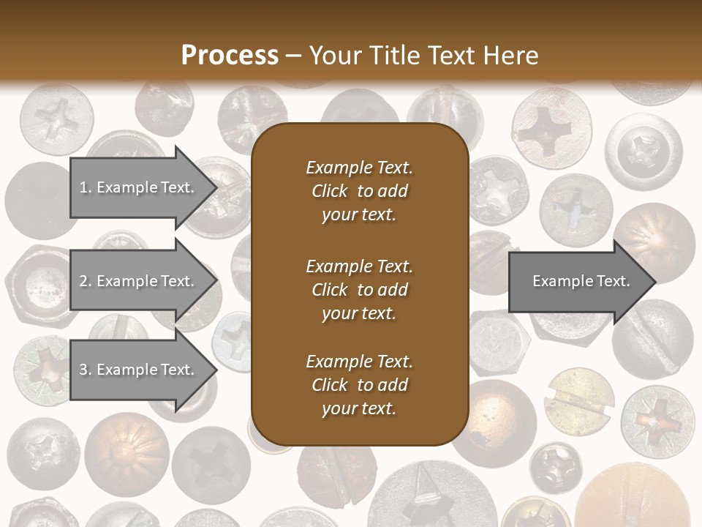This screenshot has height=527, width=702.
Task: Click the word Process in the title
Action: coord(230,55)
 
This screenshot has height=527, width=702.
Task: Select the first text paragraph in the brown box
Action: coord(359,191)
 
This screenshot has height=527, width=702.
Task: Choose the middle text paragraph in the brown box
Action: coord(359,289)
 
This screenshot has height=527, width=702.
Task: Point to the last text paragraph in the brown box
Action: coord(359,385)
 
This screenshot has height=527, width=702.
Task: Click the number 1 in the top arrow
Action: coord(83,187)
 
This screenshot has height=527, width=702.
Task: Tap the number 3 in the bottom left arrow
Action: coord(83,370)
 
